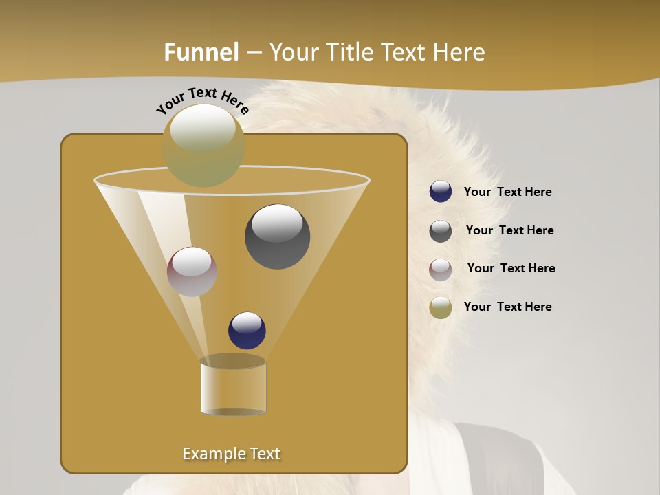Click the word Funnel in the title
pos(201,52)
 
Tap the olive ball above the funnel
pos(203,146)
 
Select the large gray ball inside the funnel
pos(277,236)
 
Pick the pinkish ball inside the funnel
pos(192,272)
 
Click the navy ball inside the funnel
pos(247,331)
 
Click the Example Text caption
pos(231,454)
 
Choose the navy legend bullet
pos(441,192)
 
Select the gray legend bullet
pos(441,231)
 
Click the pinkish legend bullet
pos(441,269)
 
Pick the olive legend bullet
pos(441,307)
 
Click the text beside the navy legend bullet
pos(507,192)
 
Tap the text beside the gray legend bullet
pos(509,231)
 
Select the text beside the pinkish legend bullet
pos(511,269)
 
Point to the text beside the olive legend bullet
pos(507,307)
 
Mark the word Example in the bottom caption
pos(210,454)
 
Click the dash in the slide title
pos(254,53)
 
